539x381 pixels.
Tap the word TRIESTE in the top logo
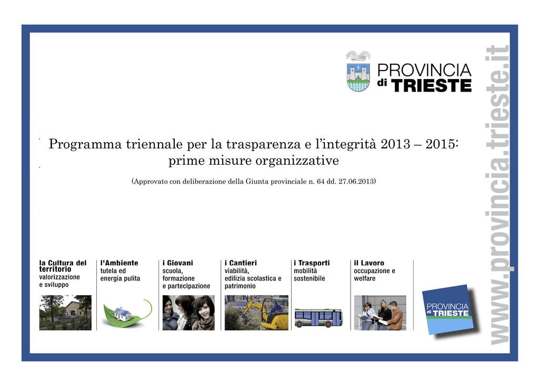click(431, 86)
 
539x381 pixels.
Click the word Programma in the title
click(85, 144)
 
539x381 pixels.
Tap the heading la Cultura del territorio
click(63, 266)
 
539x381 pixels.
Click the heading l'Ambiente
click(119, 263)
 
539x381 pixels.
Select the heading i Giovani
click(178, 263)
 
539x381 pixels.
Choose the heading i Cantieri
click(241, 263)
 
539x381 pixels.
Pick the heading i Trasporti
click(312, 263)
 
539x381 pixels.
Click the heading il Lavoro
click(369, 263)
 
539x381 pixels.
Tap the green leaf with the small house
click(126, 313)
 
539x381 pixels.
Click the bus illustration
click(318, 318)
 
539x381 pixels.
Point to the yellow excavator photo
click(256, 313)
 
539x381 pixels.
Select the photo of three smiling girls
click(188, 313)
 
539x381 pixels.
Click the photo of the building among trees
click(65, 313)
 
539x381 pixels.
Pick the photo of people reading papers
click(380, 313)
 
